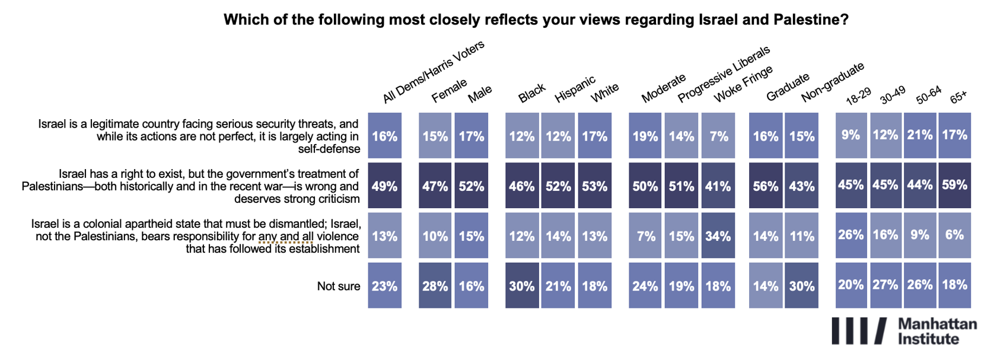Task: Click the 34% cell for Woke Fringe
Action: (718, 235)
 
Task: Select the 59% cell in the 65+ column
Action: (954, 185)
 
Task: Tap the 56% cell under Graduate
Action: (766, 186)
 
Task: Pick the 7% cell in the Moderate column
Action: (645, 235)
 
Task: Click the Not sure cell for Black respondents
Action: (522, 286)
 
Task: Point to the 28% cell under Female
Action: (435, 286)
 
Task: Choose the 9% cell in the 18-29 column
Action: (851, 135)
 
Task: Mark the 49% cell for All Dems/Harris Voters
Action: (384, 186)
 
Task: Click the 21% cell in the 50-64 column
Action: (920, 135)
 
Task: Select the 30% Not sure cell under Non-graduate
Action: (801, 286)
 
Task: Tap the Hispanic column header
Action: (575, 90)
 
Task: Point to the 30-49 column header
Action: (892, 95)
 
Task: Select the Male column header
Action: (480, 94)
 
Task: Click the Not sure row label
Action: (339, 286)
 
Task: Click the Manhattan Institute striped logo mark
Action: (859, 331)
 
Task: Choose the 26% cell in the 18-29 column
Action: (851, 235)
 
